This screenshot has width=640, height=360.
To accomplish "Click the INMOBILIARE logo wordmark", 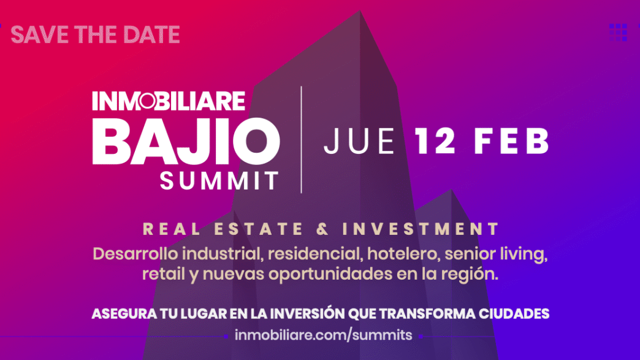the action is click(169, 101).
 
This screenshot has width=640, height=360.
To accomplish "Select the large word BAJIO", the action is click(186, 141).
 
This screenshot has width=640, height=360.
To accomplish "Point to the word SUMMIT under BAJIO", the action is click(219, 181).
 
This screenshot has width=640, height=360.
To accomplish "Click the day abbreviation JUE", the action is click(360, 141).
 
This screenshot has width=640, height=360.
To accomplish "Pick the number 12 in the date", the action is click(435, 141).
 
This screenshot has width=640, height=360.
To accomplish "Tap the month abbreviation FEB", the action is click(511, 141).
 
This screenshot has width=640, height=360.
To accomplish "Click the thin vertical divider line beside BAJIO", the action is click(301, 140).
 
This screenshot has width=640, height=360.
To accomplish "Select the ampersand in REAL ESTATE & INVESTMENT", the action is click(322, 229).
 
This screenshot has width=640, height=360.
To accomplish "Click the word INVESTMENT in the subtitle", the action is click(421, 229).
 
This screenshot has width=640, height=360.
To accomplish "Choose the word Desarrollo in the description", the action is click(135, 254).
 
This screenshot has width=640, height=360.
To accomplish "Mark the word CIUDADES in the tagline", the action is click(514, 314).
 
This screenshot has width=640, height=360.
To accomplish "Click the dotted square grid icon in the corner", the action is click(618, 33).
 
